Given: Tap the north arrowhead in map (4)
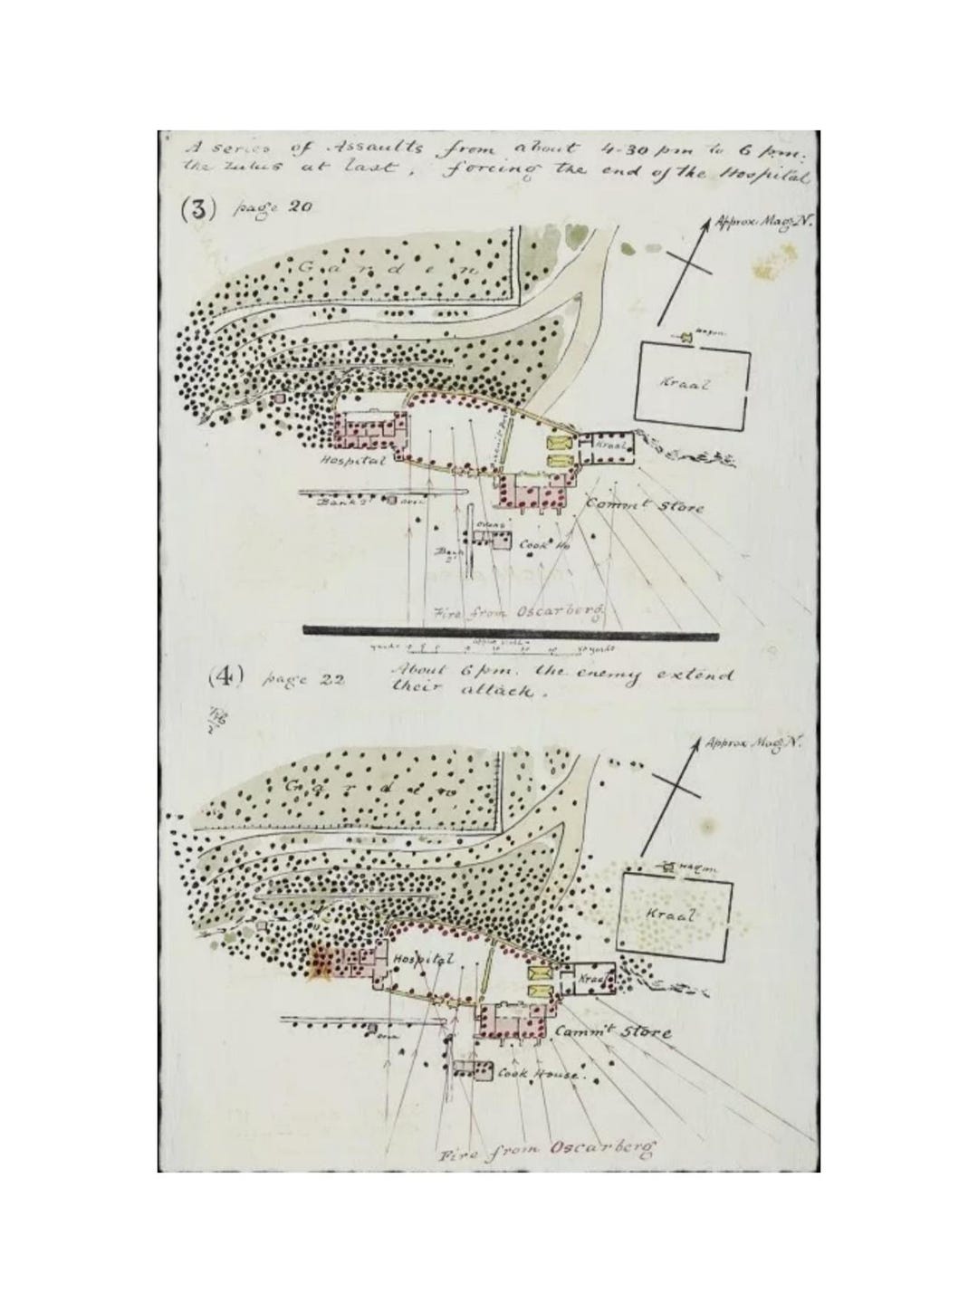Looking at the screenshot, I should point(700,745).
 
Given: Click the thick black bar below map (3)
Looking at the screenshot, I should point(512,631).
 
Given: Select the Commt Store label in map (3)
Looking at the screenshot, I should point(644,505).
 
